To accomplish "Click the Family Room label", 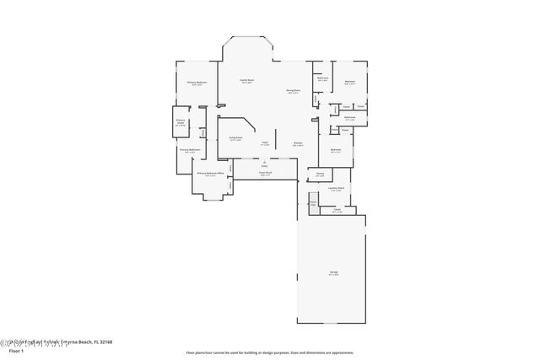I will (248, 82).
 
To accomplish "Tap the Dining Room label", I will (294, 91).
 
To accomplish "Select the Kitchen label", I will (298, 143).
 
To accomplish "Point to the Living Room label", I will (235, 137).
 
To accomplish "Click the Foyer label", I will (264, 143).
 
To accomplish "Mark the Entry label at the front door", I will (264, 166).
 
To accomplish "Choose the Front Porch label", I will (265, 174).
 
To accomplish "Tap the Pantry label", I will (320, 175).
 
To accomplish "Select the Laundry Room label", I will (336, 189).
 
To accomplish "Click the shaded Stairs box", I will (313, 203).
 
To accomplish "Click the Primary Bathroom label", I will (190, 151).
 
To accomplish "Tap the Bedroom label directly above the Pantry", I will (335, 149).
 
